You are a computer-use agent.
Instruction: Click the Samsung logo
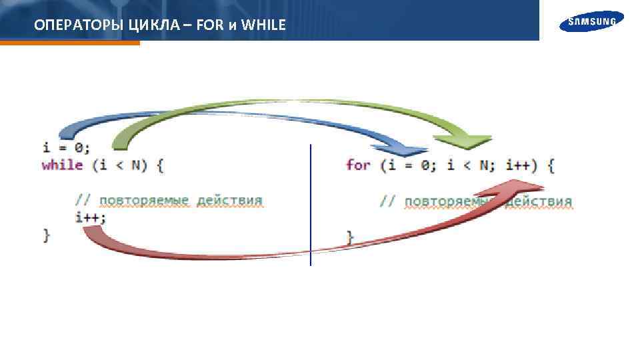pyautogui.click(x=591, y=22)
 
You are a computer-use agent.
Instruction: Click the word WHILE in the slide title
pyautogui.click(x=263, y=25)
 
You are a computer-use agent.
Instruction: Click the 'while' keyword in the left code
pyautogui.click(x=62, y=165)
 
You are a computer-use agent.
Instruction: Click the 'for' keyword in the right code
pyautogui.click(x=358, y=165)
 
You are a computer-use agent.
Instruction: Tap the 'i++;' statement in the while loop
pyautogui.click(x=90, y=217)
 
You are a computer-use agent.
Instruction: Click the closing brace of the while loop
pyautogui.click(x=46, y=234)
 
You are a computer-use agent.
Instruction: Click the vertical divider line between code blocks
pyautogui.click(x=311, y=200)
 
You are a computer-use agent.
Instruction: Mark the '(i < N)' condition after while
pyautogui.click(x=119, y=165)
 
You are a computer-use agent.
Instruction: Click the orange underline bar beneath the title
pyautogui.click(x=70, y=43)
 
